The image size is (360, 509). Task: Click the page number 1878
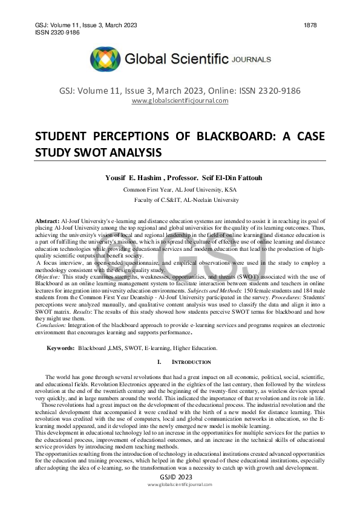pos(309,24)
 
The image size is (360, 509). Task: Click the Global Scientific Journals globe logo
pos(105,59)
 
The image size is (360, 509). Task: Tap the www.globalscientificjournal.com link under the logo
pos(180,100)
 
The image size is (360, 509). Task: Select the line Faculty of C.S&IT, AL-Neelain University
pos(186,199)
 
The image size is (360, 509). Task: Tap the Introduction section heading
pos(191,362)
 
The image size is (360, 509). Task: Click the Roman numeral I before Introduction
pos(159,362)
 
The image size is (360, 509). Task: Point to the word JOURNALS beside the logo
pos(251,60)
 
